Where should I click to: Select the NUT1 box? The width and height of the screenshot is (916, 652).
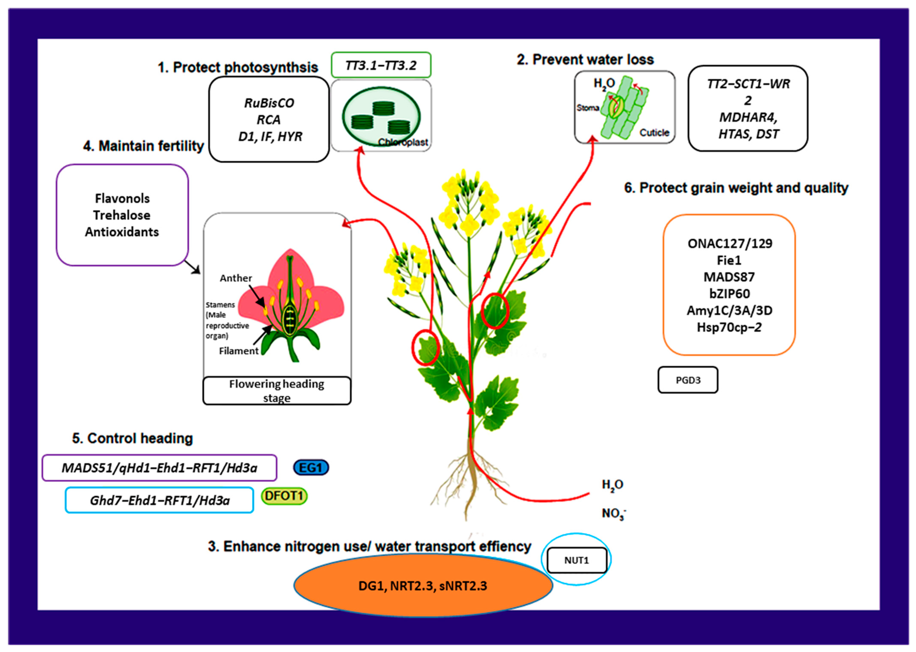[x=577, y=560]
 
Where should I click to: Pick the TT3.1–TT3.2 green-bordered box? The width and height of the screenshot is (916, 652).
[x=381, y=65]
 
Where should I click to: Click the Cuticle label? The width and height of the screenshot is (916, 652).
[x=654, y=133]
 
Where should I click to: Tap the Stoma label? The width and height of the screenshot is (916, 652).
[x=587, y=108]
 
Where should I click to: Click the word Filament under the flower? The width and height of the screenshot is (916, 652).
[x=239, y=351]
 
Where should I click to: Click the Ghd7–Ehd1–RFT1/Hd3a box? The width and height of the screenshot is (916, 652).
[x=160, y=500]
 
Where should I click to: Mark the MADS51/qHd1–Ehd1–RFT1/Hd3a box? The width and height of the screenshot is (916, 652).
[x=160, y=468]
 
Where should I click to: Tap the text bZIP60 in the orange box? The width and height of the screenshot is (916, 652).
[x=729, y=293]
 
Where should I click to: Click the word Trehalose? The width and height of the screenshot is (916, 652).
[x=122, y=215]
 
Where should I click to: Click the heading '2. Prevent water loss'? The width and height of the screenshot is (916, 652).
[x=585, y=59]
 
